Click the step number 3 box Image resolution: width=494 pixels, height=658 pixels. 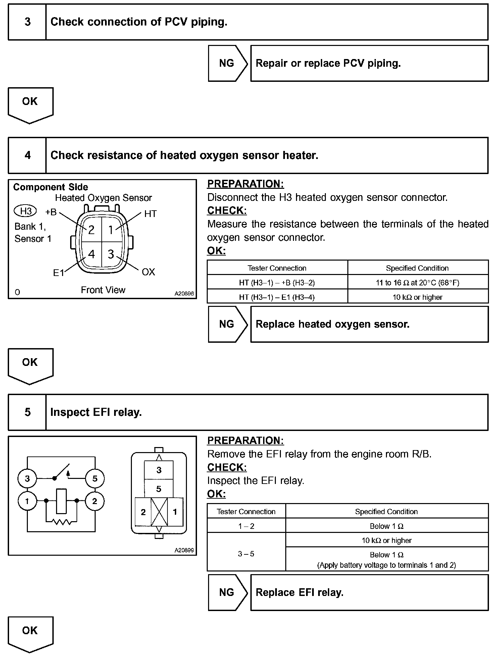tap(27, 22)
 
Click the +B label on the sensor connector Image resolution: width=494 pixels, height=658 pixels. tap(51, 212)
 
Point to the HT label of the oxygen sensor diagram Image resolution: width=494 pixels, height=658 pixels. tap(150, 214)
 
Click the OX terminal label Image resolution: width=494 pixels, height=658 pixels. tap(148, 272)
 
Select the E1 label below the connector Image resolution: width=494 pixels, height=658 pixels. tap(58, 273)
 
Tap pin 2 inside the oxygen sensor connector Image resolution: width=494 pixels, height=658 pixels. tap(91, 230)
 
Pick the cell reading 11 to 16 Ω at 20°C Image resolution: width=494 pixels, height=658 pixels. tap(417, 283)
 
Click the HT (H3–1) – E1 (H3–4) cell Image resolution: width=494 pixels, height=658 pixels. tap(277, 297)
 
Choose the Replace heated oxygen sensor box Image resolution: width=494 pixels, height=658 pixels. tap(369, 324)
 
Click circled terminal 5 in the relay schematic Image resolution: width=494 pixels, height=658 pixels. tap(95, 479)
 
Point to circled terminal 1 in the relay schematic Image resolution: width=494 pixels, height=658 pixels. tap(27, 501)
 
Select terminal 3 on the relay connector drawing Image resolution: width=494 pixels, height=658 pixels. tap(159, 470)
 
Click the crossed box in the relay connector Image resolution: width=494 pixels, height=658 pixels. tap(159, 512)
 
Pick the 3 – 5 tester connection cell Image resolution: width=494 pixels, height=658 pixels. tap(246, 554)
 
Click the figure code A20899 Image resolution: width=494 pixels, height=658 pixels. tap(184, 550)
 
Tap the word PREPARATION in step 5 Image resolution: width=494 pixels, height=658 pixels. tap(245, 441)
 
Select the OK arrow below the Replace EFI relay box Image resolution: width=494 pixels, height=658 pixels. tap(30, 633)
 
